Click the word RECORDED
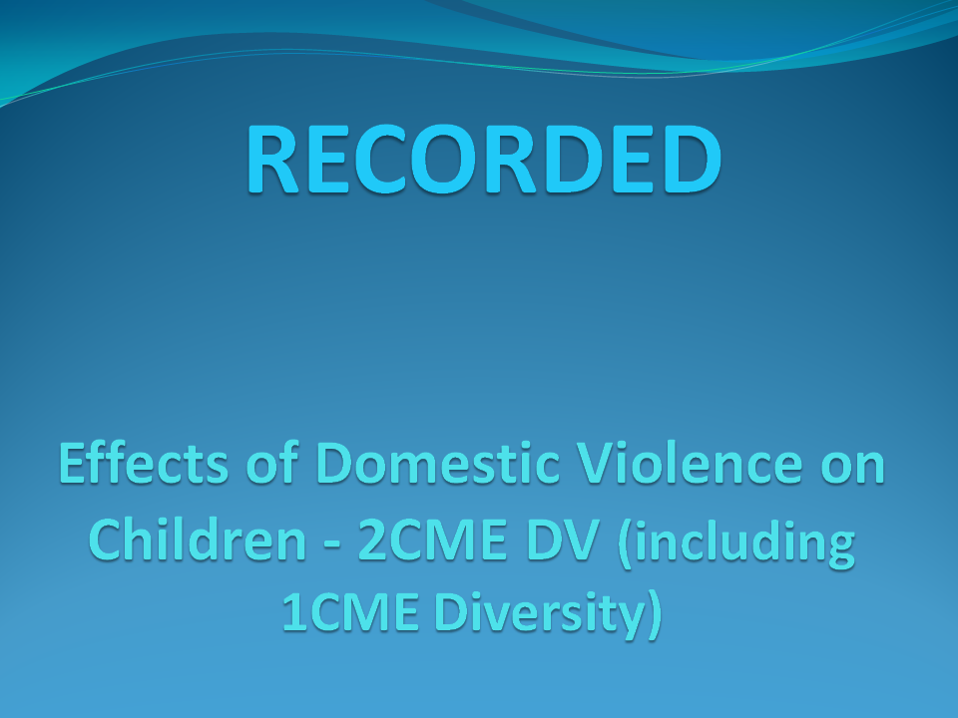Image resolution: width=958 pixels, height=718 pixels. tap(484, 159)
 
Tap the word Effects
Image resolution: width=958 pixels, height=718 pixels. tap(144, 463)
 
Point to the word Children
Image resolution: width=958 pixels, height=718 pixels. tap(198, 539)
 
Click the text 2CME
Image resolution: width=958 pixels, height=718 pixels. tap(432, 539)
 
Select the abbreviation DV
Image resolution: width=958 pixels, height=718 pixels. tap(563, 539)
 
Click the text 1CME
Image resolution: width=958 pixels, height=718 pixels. tap(350, 611)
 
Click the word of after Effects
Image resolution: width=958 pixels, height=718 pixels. tap(272, 463)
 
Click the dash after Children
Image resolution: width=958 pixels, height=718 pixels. tap(331, 541)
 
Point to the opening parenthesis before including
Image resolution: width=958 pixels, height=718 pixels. tap(625, 542)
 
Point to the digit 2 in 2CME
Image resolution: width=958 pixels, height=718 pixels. tap(371, 539)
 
